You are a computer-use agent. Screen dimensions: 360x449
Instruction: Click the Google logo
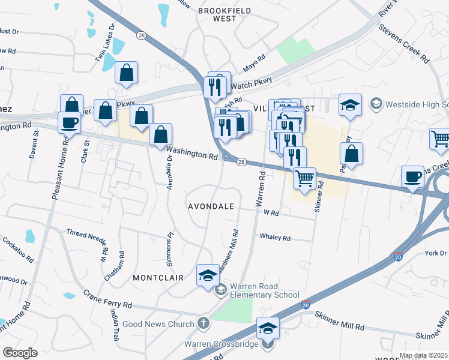tap(20, 353)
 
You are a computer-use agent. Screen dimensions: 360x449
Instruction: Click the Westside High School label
tap(417, 104)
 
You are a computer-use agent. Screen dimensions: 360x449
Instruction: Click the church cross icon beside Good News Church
tap(204, 323)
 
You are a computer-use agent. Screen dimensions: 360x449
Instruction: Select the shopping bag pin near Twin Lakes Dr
tap(127, 73)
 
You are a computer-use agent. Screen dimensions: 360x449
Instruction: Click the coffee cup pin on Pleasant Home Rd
tap(69, 122)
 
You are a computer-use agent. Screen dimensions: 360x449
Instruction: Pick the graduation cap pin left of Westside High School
tap(350, 104)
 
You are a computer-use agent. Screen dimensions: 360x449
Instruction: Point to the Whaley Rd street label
tap(275, 238)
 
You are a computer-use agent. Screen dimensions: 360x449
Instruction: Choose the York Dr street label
tap(435, 254)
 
